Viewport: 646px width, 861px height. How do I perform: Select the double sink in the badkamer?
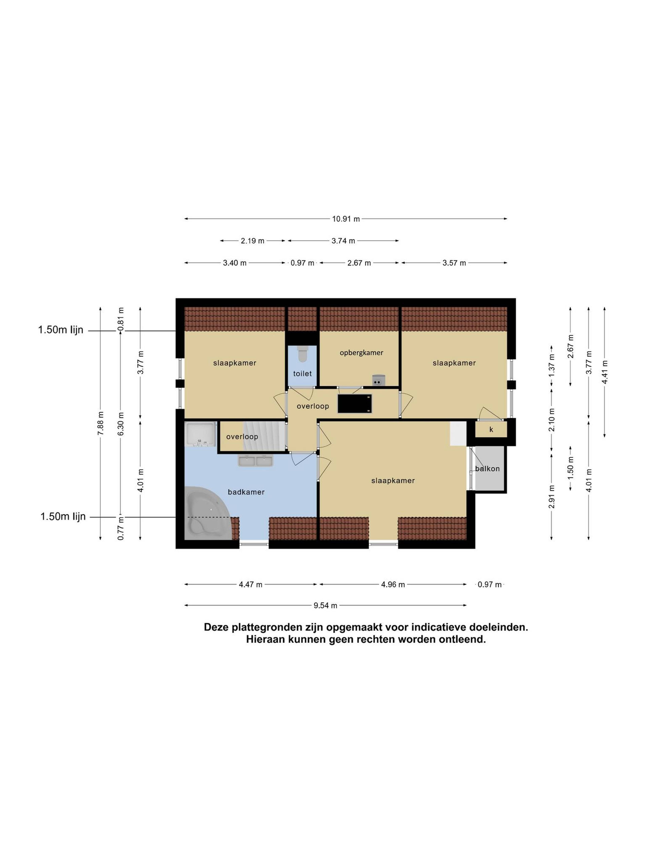click(255, 461)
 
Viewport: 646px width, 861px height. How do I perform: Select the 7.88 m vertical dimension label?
click(100, 423)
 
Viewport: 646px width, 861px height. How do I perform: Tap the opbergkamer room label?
click(361, 353)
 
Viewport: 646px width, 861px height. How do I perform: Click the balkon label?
click(487, 469)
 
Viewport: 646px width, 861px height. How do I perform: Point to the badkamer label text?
click(246, 492)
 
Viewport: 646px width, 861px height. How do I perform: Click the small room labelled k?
click(491, 429)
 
